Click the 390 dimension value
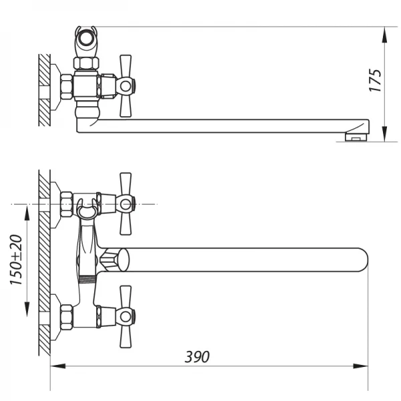(x=197, y=357)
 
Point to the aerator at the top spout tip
(x=356, y=137)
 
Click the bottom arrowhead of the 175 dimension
(x=387, y=134)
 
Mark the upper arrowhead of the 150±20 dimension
(x=27, y=211)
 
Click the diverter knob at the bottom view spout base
(x=115, y=259)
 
